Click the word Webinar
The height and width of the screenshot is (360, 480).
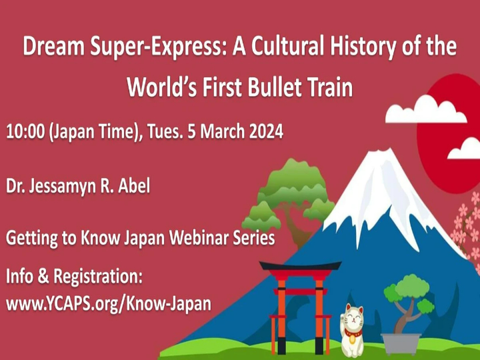190,238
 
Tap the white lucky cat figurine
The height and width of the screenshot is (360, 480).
351,329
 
